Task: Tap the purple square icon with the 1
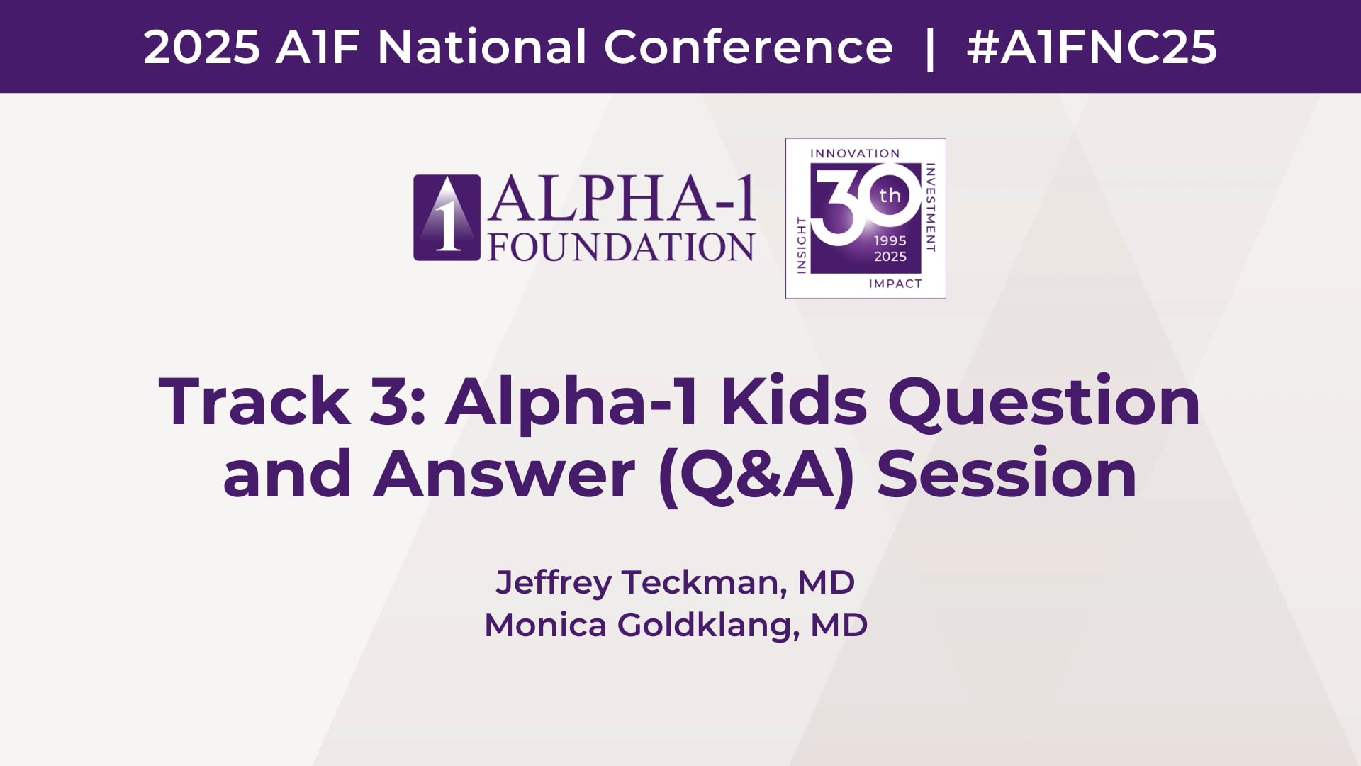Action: (447, 218)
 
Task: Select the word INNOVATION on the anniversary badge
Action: (855, 153)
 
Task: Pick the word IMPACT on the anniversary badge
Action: (895, 284)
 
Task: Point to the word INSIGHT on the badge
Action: (802, 245)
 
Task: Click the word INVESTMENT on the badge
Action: (931, 207)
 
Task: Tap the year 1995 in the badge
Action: (890, 240)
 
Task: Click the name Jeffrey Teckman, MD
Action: (676, 583)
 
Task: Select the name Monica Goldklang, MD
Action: (676, 626)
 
